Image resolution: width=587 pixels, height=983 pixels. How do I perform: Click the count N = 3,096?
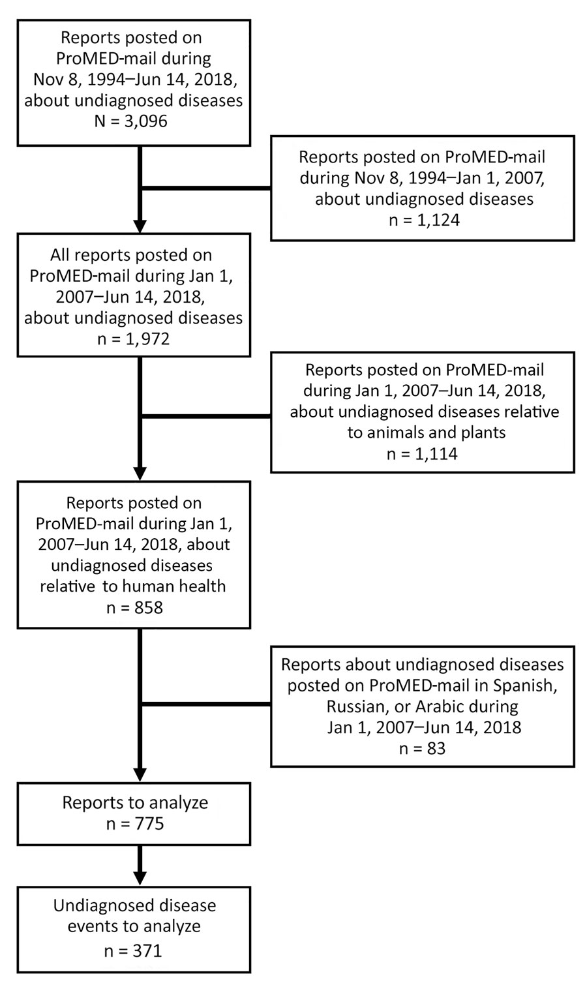[x=130, y=121]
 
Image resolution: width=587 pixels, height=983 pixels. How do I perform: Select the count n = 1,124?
[x=424, y=220]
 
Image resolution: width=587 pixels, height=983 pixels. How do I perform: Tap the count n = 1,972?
[x=133, y=339]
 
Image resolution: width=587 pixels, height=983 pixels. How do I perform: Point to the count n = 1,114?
[x=422, y=454]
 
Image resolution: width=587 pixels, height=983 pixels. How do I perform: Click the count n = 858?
[x=135, y=608]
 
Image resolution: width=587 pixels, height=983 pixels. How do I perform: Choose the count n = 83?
[x=422, y=748]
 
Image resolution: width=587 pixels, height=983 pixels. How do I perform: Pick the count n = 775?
[x=135, y=824]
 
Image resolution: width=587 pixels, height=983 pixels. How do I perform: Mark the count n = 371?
[x=133, y=951]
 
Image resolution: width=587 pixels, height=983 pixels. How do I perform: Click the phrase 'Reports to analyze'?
[x=135, y=803]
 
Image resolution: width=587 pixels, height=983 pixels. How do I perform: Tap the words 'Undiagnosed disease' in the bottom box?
[x=135, y=906]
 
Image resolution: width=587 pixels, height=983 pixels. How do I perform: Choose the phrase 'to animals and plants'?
[x=427, y=433]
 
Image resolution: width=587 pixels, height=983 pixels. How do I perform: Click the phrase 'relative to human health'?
[x=132, y=586]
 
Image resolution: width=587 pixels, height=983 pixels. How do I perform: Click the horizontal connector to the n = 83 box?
[x=205, y=704]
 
